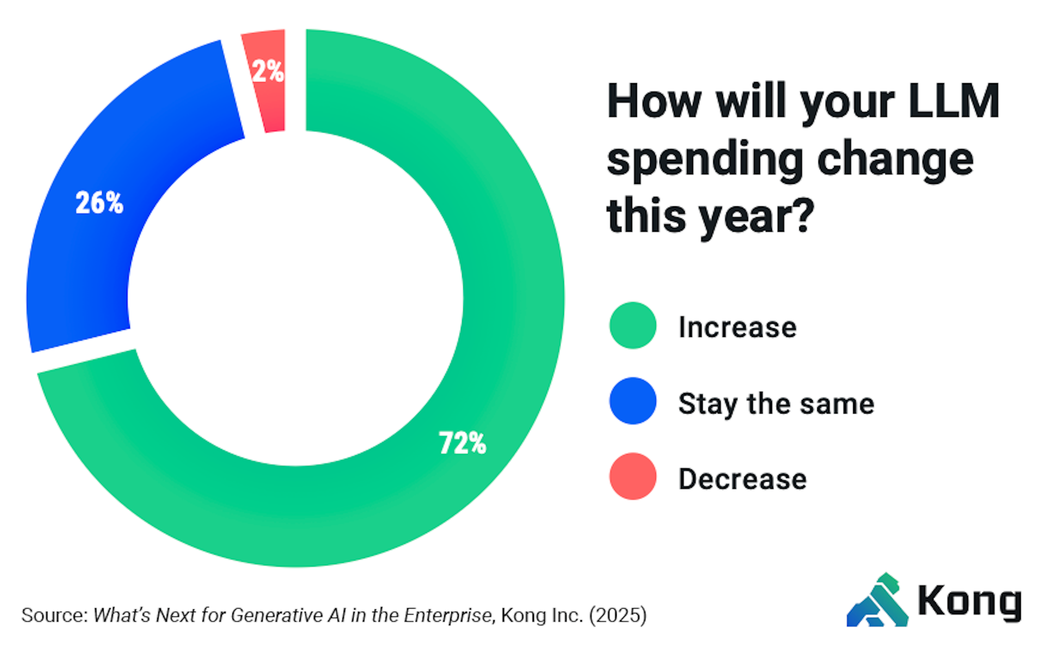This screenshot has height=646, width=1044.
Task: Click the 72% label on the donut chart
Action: [462, 442]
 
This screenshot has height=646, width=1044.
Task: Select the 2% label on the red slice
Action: [268, 71]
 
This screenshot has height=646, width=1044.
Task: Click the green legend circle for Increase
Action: [632, 325]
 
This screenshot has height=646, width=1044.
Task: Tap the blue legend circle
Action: [632, 401]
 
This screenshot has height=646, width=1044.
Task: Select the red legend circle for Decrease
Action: [632, 476]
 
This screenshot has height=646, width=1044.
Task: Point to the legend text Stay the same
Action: [776, 404]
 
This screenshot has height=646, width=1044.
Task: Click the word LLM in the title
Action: [954, 101]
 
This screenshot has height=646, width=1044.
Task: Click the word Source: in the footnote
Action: [55, 616]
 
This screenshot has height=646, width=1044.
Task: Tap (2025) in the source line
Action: [618, 616]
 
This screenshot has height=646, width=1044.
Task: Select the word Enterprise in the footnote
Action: [449, 616]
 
